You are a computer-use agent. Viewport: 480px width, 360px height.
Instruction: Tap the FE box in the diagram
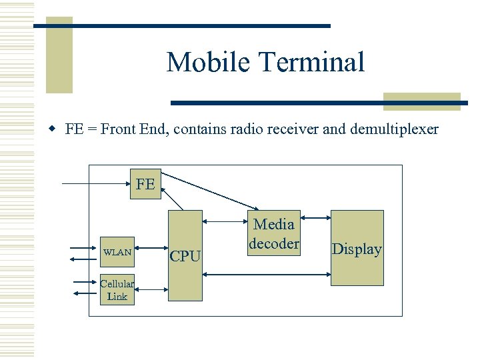(x=145, y=184)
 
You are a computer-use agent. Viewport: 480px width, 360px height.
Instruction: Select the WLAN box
(x=117, y=253)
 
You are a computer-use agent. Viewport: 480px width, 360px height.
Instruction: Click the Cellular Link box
(x=117, y=290)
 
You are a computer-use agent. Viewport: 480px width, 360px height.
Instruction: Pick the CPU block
(x=185, y=255)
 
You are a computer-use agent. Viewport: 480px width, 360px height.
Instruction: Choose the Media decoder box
(x=274, y=233)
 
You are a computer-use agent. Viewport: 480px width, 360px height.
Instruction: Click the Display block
(x=357, y=248)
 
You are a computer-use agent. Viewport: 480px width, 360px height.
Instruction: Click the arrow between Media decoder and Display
(x=315, y=218)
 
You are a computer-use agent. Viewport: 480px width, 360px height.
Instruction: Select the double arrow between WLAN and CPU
(x=151, y=253)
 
